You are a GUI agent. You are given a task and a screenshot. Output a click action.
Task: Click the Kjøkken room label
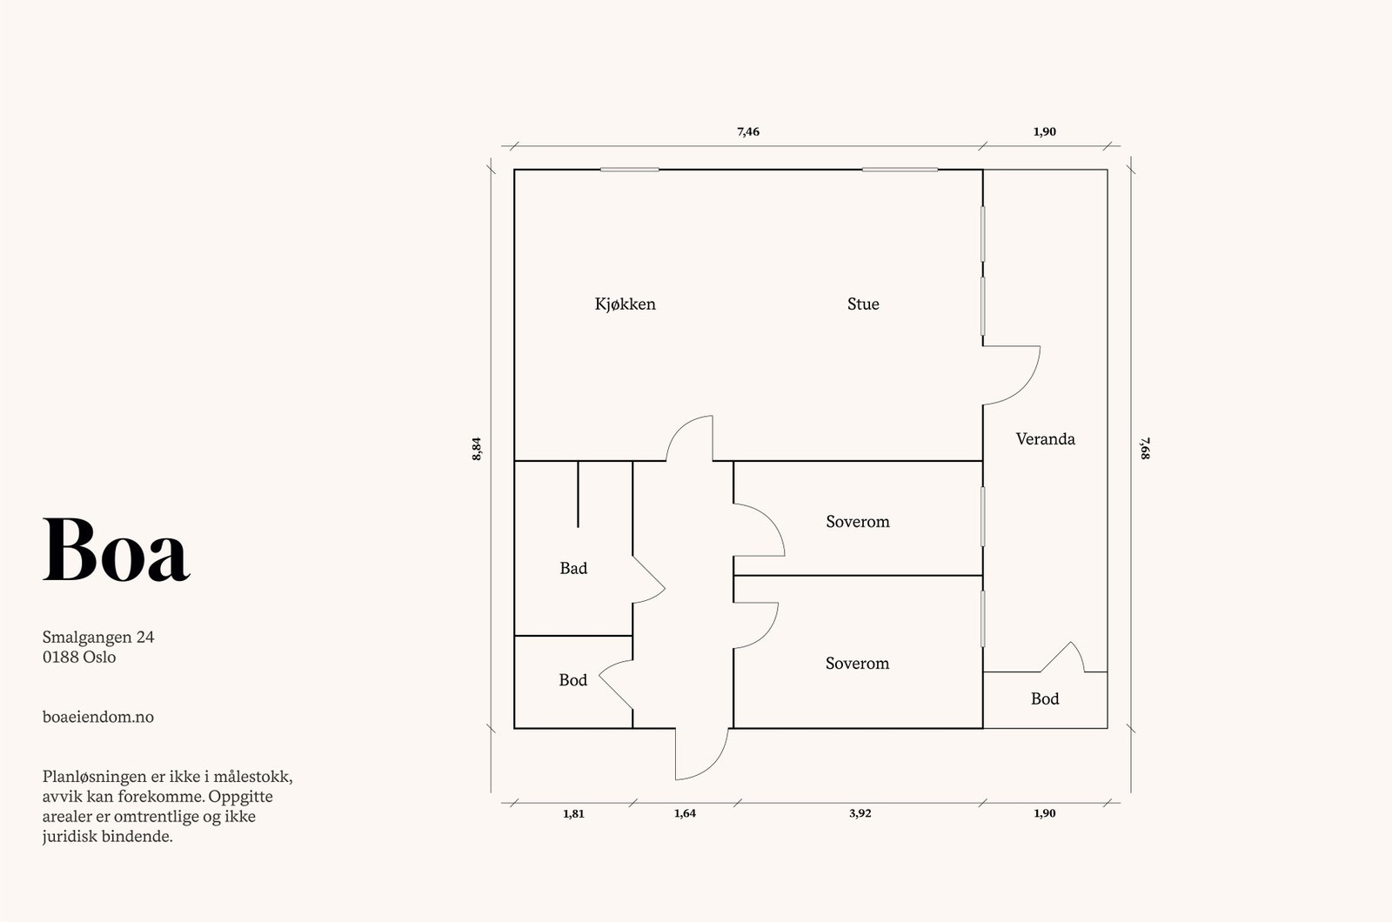[625, 304]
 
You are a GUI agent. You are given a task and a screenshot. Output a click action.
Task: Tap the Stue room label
[863, 304]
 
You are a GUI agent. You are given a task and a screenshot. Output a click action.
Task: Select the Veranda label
[1045, 439]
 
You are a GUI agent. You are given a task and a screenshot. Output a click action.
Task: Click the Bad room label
[573, 569]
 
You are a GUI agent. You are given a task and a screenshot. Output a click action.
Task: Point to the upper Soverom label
[857, 522]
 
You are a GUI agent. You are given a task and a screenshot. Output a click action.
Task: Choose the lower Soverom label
[857, 664]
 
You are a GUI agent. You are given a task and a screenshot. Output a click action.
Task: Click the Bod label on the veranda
[1044, 699]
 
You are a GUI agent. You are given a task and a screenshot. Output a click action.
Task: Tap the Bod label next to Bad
[572, 680]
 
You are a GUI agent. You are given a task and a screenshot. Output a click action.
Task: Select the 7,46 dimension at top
[748, 132]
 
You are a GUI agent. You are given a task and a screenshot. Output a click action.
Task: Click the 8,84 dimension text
[477, 448]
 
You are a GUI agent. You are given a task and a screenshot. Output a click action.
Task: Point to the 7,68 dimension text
[1145, 448]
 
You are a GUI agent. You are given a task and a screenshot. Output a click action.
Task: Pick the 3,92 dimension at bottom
[860, 813]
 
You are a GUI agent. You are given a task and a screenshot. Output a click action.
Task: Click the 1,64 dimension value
[685, 813]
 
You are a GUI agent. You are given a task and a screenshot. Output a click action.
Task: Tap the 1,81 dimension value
[573, 813]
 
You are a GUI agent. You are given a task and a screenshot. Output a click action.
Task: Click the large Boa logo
[116, 550]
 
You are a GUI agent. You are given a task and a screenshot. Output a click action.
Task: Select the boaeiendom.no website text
[98, 717]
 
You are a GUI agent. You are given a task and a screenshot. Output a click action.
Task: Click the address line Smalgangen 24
[98, 637]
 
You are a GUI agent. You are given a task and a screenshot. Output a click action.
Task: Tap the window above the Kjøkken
[629, 170]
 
